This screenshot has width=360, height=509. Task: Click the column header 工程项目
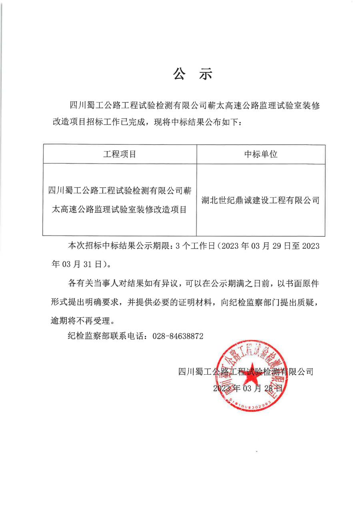[120, 154]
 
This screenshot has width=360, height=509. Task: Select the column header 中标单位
[261, 154]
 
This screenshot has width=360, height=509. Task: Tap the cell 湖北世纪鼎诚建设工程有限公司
[261, 200]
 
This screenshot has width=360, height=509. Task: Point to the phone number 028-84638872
[178, 336]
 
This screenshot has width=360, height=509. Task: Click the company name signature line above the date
[246, 371]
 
